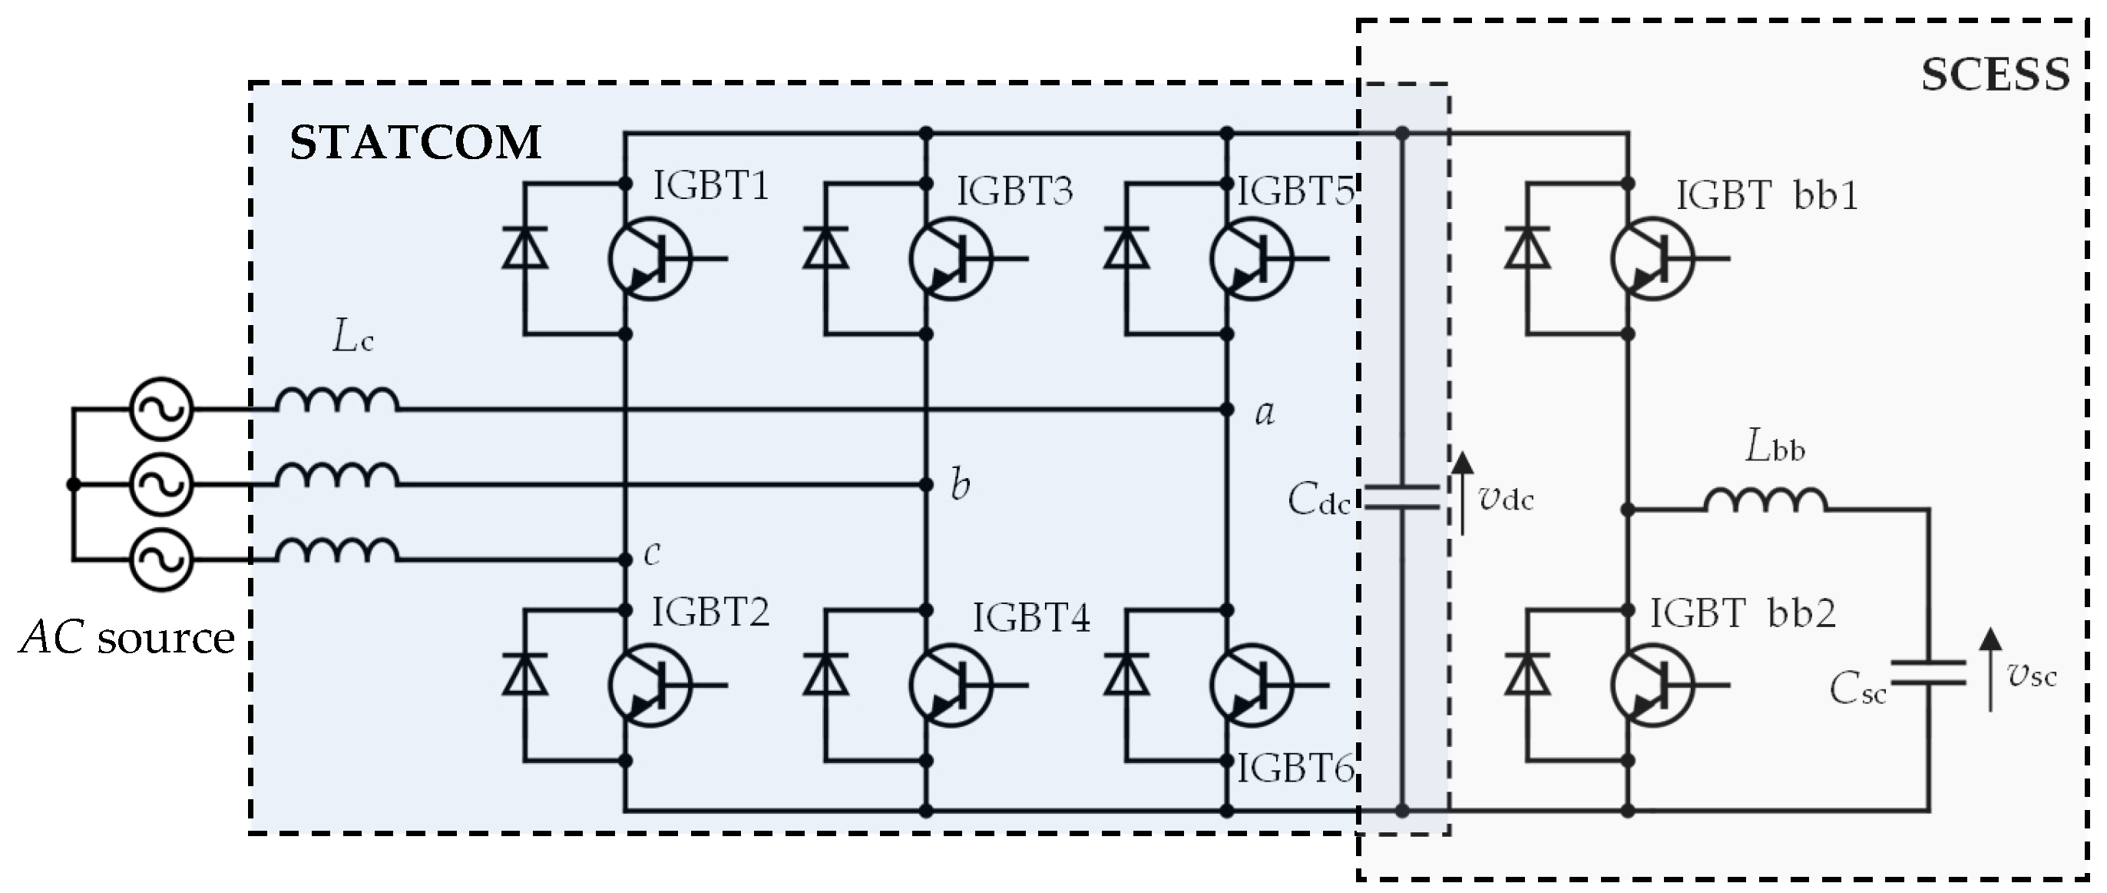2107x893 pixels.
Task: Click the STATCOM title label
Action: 415,142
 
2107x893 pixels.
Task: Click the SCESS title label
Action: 1994,76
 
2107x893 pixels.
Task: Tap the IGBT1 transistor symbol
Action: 650,259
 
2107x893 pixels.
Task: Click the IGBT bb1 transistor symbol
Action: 1652,259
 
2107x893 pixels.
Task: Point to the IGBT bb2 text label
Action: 1742,614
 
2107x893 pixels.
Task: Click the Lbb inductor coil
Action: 1765,500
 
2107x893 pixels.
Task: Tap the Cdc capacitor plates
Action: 1402,498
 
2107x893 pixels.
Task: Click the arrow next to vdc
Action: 1462,493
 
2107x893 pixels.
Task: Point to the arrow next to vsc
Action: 1990,670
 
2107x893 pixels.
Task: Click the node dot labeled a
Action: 1227,410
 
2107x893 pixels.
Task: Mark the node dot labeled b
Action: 926,485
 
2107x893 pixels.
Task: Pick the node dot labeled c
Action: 626,560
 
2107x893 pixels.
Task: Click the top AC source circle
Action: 161,408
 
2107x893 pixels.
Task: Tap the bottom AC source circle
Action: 161,560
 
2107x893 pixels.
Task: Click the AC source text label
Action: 127,638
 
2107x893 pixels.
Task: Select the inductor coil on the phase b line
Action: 337,476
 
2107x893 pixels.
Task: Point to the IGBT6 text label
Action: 1295,769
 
